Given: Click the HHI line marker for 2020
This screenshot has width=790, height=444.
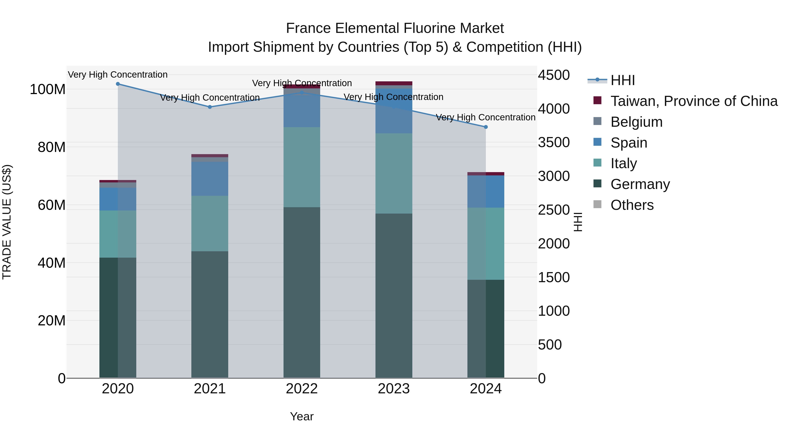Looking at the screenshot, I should pos(118,84).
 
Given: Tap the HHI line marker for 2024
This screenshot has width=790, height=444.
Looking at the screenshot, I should pos(485,127).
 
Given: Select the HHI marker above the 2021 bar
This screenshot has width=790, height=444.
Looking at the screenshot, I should pos(210,107).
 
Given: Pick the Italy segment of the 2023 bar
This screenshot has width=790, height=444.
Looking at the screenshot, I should pos(394,173).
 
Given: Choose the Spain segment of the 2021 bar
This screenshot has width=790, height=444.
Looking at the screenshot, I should pos(210,179).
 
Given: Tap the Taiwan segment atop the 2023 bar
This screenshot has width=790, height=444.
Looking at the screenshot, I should pos(394,83).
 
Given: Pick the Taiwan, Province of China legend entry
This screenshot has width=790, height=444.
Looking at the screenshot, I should pos(694,101).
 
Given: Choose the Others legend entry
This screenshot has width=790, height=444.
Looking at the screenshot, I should pos(632,205).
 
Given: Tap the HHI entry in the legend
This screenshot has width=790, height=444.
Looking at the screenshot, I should pos(622,80).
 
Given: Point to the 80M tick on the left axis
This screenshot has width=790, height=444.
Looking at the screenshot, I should pos(52,147).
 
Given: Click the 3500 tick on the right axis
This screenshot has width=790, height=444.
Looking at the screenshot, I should pos(554,143).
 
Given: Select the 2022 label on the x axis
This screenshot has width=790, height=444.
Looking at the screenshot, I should pos(302,389).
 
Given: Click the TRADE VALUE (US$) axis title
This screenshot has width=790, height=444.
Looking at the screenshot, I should pos(7,222).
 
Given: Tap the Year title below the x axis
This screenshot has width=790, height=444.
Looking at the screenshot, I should pos(302,416).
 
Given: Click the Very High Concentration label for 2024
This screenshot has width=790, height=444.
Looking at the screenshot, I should pos(485,117).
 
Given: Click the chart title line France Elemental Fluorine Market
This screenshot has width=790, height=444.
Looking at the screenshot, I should pos(395,28).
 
